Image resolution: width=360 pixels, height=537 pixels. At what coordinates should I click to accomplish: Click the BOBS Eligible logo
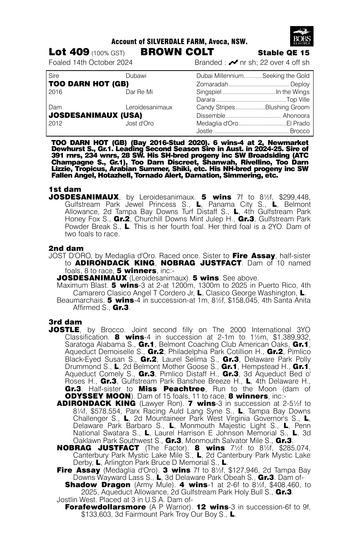(301, 36)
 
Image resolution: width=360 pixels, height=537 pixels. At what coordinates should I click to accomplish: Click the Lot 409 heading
(69, 52)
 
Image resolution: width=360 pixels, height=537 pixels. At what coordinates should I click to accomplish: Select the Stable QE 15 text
(284, 53)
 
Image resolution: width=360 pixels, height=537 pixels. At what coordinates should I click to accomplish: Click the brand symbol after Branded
(233, 63)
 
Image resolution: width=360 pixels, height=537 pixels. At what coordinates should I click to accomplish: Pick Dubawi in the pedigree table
(136, 76)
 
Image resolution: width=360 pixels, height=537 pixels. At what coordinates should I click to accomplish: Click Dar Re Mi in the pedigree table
(139, 92)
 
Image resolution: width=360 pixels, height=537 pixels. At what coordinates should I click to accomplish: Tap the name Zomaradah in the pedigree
(212, 84)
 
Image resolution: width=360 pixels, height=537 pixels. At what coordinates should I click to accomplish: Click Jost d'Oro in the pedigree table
(139, 123)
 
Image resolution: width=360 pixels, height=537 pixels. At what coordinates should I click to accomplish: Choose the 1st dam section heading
(65, 189)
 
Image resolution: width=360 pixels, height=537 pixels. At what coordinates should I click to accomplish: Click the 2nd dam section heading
(66, 248)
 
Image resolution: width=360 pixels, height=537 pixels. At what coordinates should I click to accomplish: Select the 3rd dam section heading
(65, 322)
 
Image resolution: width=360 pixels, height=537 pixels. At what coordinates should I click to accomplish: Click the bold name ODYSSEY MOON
(98, 396)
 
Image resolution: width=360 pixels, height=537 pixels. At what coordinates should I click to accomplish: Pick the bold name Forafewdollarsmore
(105, 507)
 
